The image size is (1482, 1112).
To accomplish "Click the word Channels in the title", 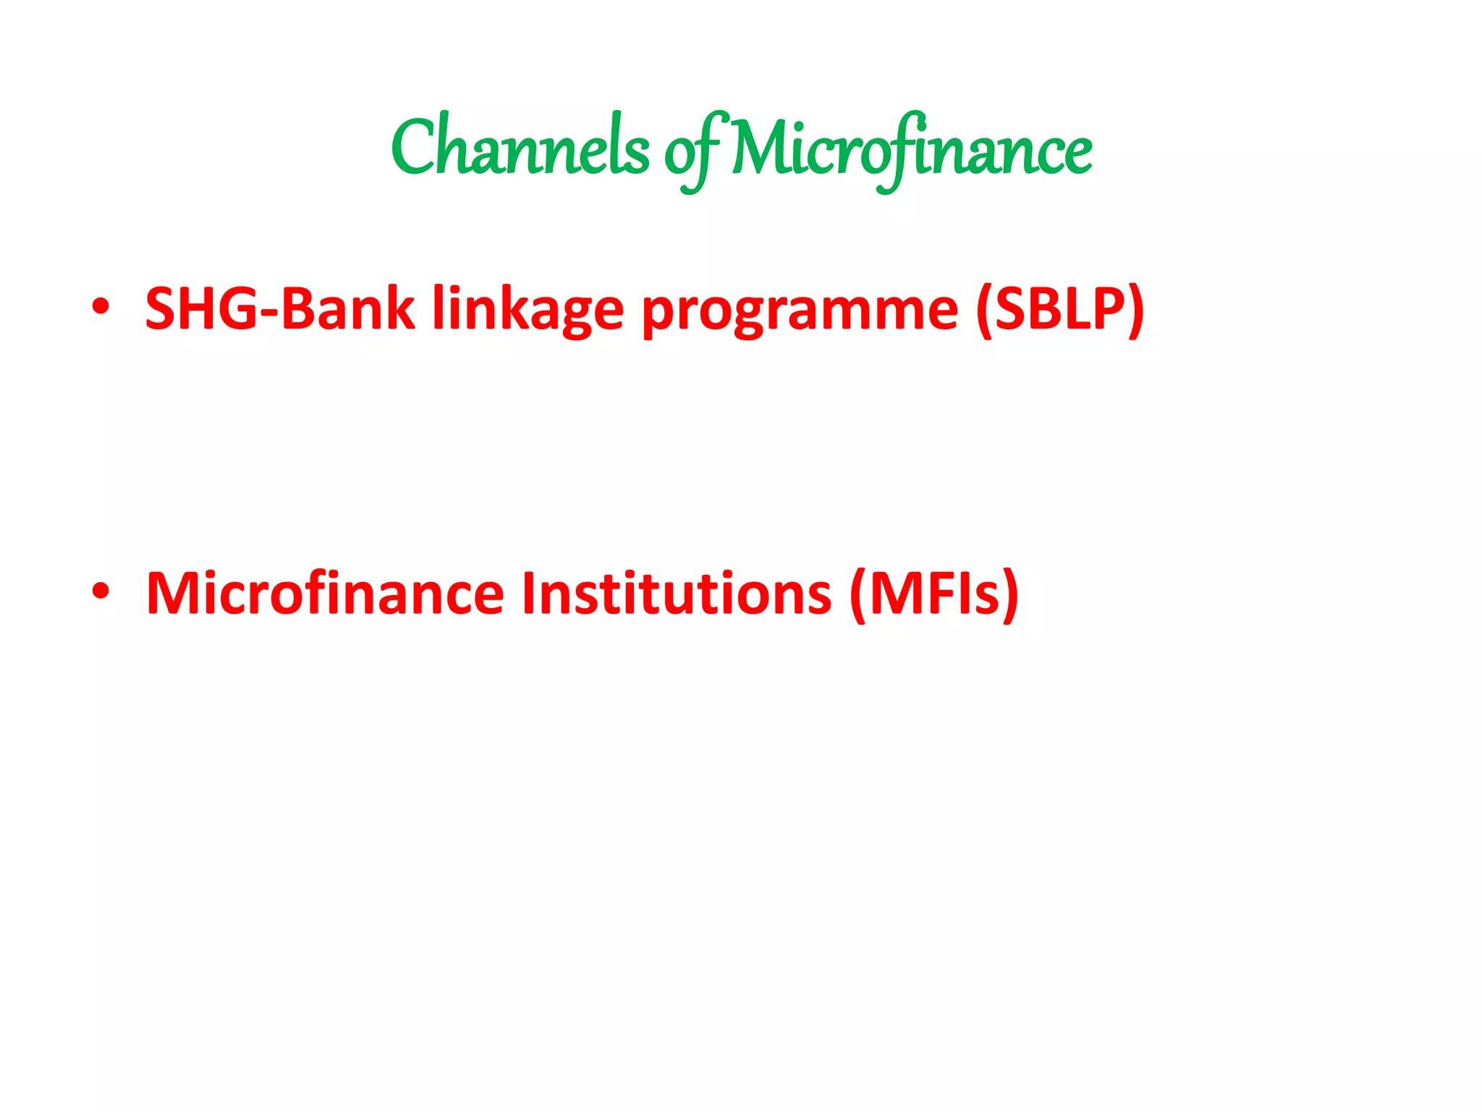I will point(520,148).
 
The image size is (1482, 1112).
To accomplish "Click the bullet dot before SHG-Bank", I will point(101,307).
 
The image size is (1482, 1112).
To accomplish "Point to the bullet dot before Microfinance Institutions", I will point(101,591).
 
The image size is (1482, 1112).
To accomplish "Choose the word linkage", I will point(528,310).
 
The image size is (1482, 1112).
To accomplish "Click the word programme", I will point(800,313).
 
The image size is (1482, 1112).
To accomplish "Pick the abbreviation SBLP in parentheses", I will point(1059,308).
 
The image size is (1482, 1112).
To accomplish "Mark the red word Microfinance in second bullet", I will point(325,593).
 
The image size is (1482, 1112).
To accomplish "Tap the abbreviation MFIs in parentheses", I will point(934,593).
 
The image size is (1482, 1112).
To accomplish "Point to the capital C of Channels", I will point(415,148).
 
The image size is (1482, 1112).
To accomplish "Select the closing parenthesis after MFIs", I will point(1010,594).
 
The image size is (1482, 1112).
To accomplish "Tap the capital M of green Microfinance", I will point(757,148).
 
